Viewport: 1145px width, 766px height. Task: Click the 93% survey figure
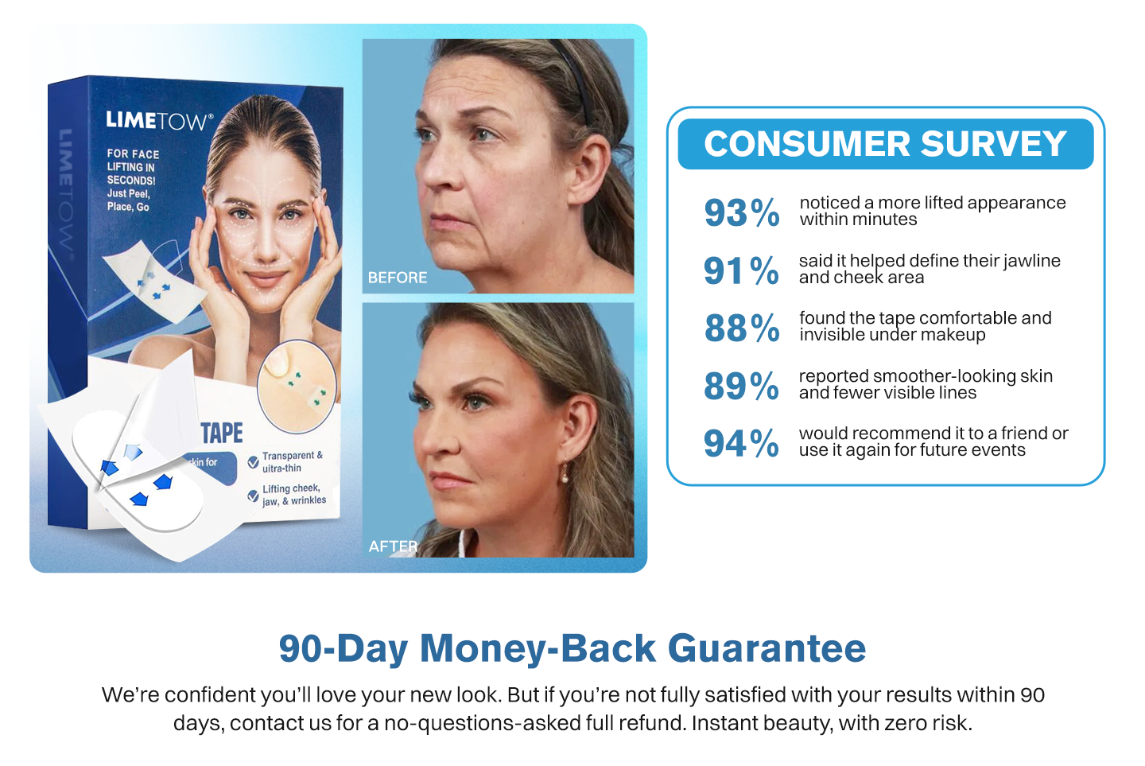click(x=742, y=212)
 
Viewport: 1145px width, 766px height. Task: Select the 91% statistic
click(x=741, y=270)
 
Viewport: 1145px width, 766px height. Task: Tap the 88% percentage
click(x=742, y=328)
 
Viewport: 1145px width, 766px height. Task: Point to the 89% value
click(x=741, y=386)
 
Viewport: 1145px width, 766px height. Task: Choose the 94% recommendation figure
click(x=741, y=443)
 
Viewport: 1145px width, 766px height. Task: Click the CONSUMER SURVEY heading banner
click(x=885, y=144)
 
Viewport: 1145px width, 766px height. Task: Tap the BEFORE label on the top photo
click(x=398, y=278)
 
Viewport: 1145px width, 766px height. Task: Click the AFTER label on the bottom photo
click(x=393, y=546)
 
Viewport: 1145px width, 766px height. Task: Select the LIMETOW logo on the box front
click(x=159, y=121)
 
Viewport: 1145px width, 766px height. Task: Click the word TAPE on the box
click(x=221, y=433)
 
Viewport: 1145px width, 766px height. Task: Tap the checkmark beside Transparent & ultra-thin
click(x=253, y=462)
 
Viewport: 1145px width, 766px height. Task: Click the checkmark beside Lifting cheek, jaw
click(x=253, y=496)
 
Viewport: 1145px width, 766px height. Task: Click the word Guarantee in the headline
click(x=767, y=649)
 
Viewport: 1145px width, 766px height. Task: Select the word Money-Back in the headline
click(x=538, y=649)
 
